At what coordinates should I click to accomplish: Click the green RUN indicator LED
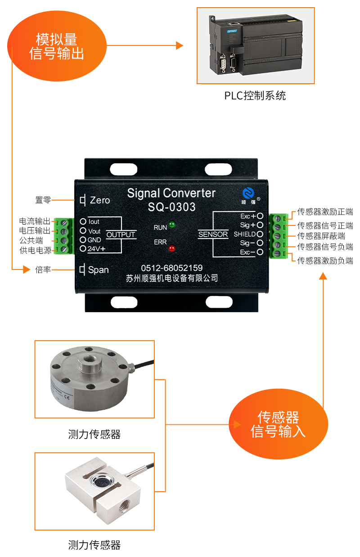pyautogui.click(x=172, y=225)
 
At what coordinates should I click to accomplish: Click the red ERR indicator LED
pyautogui.click(x=171, y=248)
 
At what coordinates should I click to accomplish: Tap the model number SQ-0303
pyautogui.click(x=171, y=207)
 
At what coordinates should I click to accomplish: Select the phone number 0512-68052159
pyautogui.click(x=171, y=268)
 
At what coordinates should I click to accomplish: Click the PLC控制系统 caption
pyautogui.click(x=255, y=96)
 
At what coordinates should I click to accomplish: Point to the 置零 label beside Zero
pyautogui.click(x=43, y=200)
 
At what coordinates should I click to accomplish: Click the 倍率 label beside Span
pyautogui.click(x=43, y=270)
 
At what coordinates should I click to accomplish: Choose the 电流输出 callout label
pyautogui.click(x=35, y=221)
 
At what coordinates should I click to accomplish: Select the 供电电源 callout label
pyautogui.click(x=35, y=250)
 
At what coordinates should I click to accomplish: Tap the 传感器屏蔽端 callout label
pyautogui.click(x=321, y=236)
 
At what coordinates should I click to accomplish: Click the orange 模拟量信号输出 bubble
pyautogui.click(x=57, y=46)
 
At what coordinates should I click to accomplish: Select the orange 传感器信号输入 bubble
pyautogui.click(x=278, y=424)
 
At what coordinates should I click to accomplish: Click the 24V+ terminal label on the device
pyautogui.click(x=96, y=248)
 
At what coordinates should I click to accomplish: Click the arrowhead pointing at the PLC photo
pyautogui.click(x=180, y=45)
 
